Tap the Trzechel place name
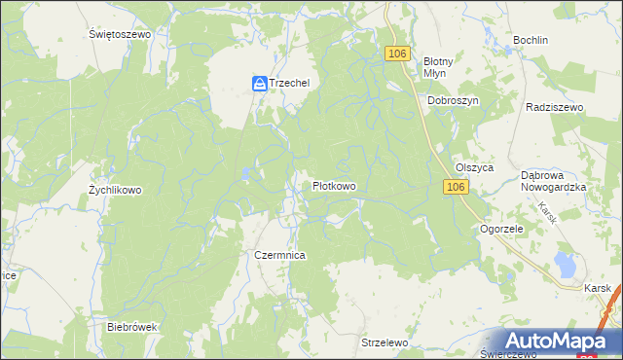tap(290, 84)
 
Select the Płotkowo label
tap(334, 186)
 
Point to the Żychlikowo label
tap(115, 191)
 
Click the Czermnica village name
tap(280, 255)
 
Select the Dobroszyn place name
tap(453, 100)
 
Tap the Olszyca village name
tap(475, 167)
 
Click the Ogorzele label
tap(502, 230)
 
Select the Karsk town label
tap(598, 289)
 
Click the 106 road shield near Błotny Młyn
tap(396, 54)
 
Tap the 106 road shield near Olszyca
tap(456, 186)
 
